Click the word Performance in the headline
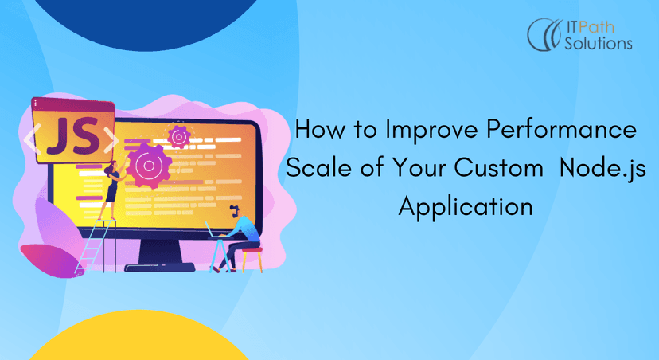(x=561, y=130)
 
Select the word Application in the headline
(x=466, y=207)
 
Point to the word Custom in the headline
(x=498, y=167)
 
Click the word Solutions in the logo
(x=599, y=43)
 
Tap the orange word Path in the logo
(x=596, y=27)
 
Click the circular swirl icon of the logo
(x=544, y=34)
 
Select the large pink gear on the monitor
(x=148, y=166)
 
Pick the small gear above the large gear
(x=179, y=137)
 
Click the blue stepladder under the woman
(x=96, y=246)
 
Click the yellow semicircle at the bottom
(x=138, y=335)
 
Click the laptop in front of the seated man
(x=214, y=231)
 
